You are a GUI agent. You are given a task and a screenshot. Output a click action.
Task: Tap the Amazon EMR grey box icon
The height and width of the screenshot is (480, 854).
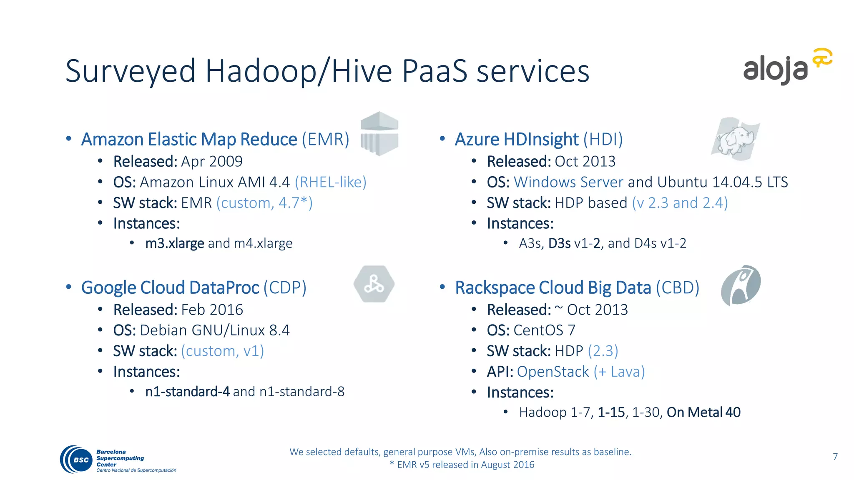pos(379,133)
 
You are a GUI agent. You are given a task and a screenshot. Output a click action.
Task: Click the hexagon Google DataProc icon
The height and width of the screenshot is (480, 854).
pos(374,284)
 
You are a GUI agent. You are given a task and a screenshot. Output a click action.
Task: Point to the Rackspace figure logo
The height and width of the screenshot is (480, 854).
pos(741,285)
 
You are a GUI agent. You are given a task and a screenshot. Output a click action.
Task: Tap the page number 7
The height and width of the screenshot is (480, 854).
pos(835,457)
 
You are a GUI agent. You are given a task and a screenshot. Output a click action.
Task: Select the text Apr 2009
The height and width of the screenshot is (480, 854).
pos(212,161)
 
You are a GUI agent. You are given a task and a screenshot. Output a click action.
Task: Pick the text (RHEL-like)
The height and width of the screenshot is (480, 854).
pos(331,182)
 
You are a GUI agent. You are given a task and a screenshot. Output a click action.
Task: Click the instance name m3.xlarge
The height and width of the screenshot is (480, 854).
pos(174,243)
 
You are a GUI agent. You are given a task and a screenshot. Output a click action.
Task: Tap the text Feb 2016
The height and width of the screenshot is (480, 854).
pos(212,310)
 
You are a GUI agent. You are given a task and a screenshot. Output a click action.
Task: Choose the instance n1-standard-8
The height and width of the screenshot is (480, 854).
pos(302,392)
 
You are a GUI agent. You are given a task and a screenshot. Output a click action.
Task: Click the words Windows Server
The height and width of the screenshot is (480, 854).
pos(568,182)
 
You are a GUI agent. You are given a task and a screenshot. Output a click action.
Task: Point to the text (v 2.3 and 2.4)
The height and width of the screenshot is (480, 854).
pos(680,203)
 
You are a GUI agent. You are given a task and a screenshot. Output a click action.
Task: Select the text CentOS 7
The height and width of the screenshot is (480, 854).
pos(544,330)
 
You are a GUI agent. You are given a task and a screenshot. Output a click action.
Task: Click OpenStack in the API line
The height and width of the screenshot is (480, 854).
pos(553,372)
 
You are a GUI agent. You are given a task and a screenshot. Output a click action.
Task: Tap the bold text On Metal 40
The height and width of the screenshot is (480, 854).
pos(703,412)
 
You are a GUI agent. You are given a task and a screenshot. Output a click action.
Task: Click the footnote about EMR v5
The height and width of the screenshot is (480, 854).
pos(462,465)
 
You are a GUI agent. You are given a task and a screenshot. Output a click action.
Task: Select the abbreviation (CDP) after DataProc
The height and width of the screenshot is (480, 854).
pos(285,287)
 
